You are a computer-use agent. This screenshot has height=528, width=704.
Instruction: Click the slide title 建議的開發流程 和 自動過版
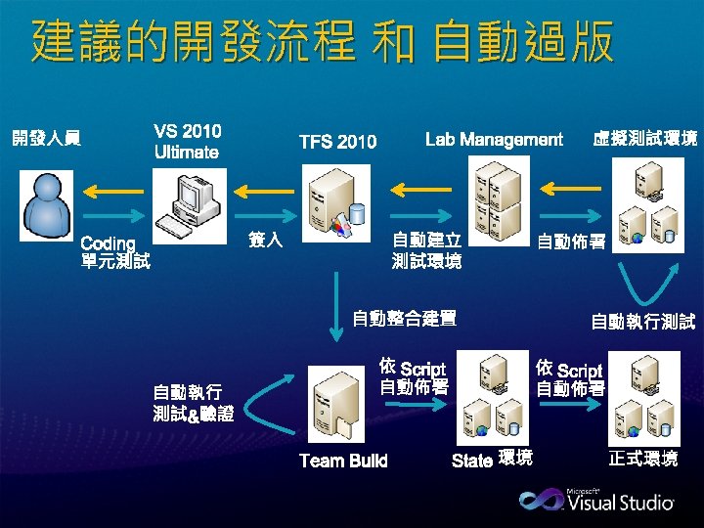tap(323, 43)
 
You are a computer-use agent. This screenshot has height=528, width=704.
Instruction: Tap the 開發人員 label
tap(46, 140)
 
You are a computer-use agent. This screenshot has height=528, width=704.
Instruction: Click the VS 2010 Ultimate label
tap(187, 142)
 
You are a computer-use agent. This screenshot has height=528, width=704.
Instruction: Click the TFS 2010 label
tap(337, 143)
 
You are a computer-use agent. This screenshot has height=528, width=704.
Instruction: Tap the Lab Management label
tap(494, 140)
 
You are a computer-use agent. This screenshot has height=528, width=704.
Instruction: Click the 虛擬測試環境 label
tap(645, 140)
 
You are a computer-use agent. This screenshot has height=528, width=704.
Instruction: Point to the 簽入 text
tap(266, 240)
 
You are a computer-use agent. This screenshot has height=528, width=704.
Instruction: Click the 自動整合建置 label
tap(405, 318)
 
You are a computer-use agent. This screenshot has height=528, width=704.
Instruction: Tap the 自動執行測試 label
tap(642, 321)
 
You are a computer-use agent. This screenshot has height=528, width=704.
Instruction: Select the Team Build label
tap(343, 461)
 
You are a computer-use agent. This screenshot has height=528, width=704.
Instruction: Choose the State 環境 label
tap(493, 460)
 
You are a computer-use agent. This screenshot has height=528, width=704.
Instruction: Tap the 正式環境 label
tap(642, 459)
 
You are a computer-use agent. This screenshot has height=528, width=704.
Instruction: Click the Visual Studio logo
tap(595, 500)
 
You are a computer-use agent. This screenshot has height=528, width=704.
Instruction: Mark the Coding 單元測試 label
tap(115, 252)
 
